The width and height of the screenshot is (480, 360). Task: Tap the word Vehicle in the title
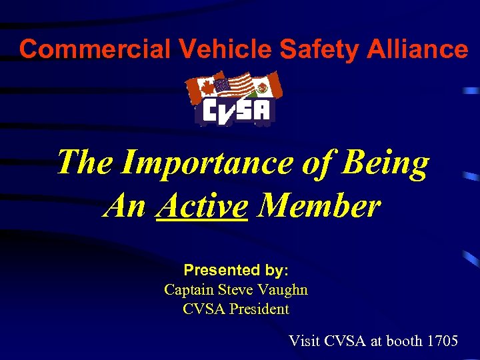point(202,49)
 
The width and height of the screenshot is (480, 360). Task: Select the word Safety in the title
point(303,49)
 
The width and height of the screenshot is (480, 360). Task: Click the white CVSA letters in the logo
point(236,113)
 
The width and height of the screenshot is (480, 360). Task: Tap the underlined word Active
point(201,206)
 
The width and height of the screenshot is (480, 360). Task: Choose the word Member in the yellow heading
point(319,206)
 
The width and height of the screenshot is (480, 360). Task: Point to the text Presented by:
point(236,271)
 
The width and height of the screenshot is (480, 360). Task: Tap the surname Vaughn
point(285,290)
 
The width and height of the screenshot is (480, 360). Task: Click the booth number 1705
point(442,341)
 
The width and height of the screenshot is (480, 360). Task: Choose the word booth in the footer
point(404,341)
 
